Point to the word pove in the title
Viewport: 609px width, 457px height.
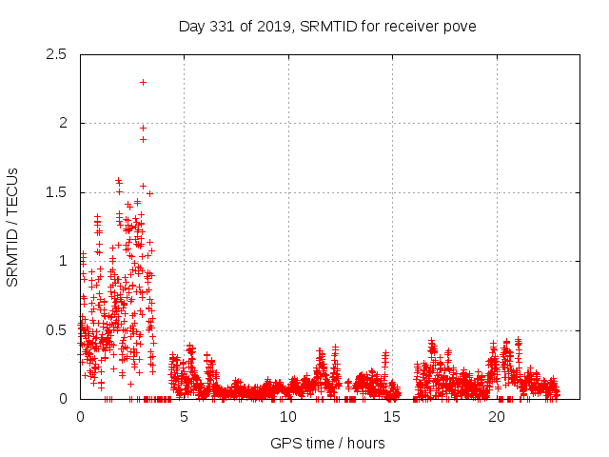click(x=460, y=25)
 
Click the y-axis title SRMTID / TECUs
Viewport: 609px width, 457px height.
click(x=13, y=227)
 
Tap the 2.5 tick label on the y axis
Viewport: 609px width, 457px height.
click(x=56, y=54)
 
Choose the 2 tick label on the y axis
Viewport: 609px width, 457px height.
click(x=63, y=123)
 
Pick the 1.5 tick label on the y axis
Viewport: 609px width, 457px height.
click(x=56, y=192)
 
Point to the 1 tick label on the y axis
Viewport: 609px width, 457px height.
click(x=63, y=261)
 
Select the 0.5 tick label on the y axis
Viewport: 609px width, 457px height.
click(x=56, y=330)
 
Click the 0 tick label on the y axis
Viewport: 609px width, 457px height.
click(x=63, y=399)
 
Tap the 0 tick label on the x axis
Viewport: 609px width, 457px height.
click(x=80, y=417)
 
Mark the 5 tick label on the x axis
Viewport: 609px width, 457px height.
click(x=185, y=417)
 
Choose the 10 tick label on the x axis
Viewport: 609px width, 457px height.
click(x=288, y=417)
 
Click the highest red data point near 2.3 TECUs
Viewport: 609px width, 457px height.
click(x=143, y=82)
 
